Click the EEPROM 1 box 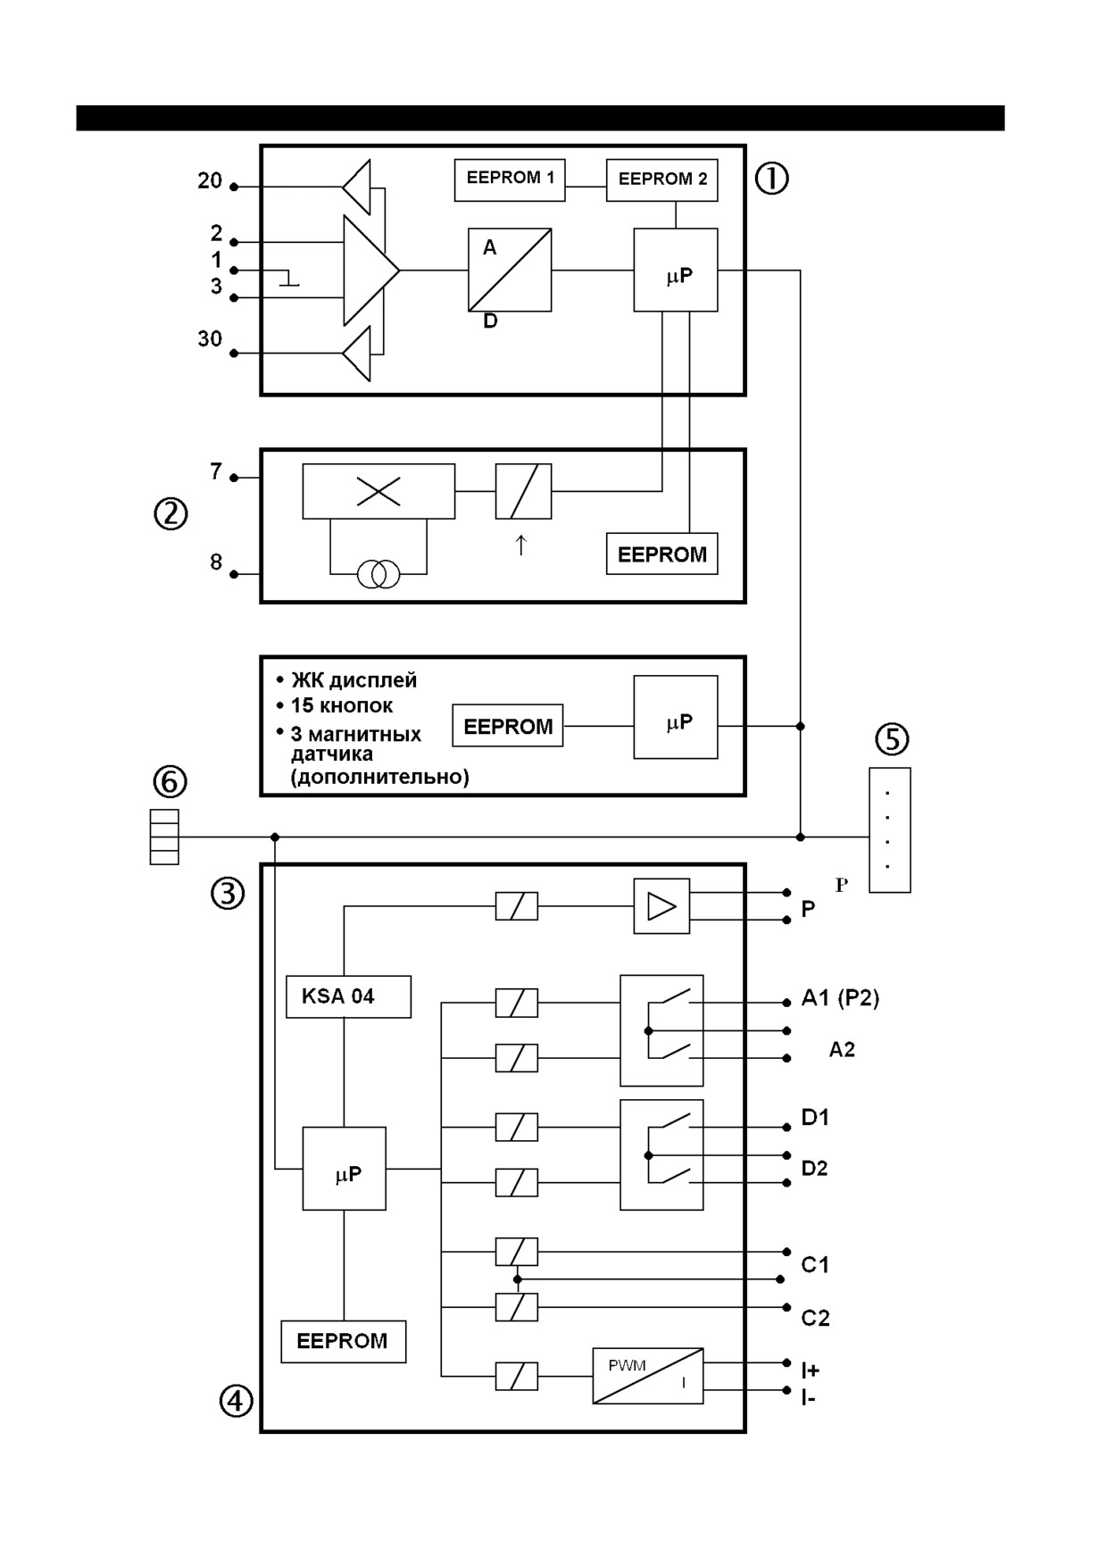pyautogui.click(x=510, y=180)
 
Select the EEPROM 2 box pyautogui.click(x=662, y=180)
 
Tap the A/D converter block pyautogui.click(x=510, y=270)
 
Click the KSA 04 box pyautogui.click(x=348, y=996)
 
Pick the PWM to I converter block pyautogui.click(x=648, y=1376)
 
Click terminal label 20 pyautogui.click(x=210, y=181)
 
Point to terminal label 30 pyautogui.click(x=210, y=339)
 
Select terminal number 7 pyautogui.click(x=216, y=471)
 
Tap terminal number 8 pyautogui.click(x=216, y=562)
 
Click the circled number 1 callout pyautogui.click(x=772, y=179)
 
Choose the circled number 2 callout pyautogui.click(x=170, y=513)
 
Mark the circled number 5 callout pyautogui.click(x=892, y=739)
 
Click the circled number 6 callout pyautogui.click(x=170, y=782)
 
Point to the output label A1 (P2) pyautogui.click(x=840, y=998)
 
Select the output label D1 pyautogui.click(x=815, y=1117)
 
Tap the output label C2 pyautogui.click(x=815, y=1318)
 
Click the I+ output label pyautogui.click(x=810, y=1370)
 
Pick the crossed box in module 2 pyautogui.click(x=378, y=491)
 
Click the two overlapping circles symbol pyautogui.click(x=378, y=574)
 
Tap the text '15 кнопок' pyautogui.click(x=342, y=706)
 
